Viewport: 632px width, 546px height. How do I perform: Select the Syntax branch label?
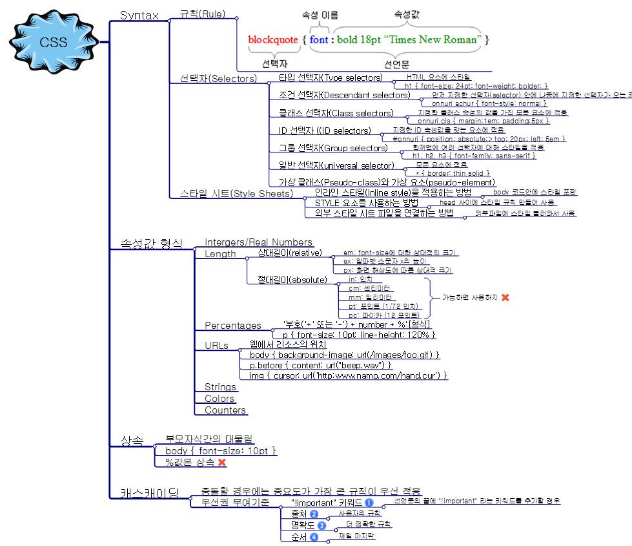(139, 16)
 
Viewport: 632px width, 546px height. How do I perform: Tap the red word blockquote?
(273, 39)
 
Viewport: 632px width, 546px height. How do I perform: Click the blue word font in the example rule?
(319, 39)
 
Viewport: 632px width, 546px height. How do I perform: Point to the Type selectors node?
(331, 78)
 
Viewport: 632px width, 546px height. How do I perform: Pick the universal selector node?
(332, 165)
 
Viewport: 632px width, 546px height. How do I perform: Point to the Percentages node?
(233, 326)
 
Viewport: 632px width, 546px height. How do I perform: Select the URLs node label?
(216, 346)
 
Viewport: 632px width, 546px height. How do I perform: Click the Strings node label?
(220, 387)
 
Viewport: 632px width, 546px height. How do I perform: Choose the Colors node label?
(219, 399)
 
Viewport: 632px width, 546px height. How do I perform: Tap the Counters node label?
(225, 410)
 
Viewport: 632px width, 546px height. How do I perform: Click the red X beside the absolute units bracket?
(505, 297)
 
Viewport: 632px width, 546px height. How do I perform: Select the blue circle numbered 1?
(369, 502)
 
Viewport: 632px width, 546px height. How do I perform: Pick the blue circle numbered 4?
(314, 537)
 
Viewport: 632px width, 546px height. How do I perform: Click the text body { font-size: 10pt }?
(221, 450)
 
